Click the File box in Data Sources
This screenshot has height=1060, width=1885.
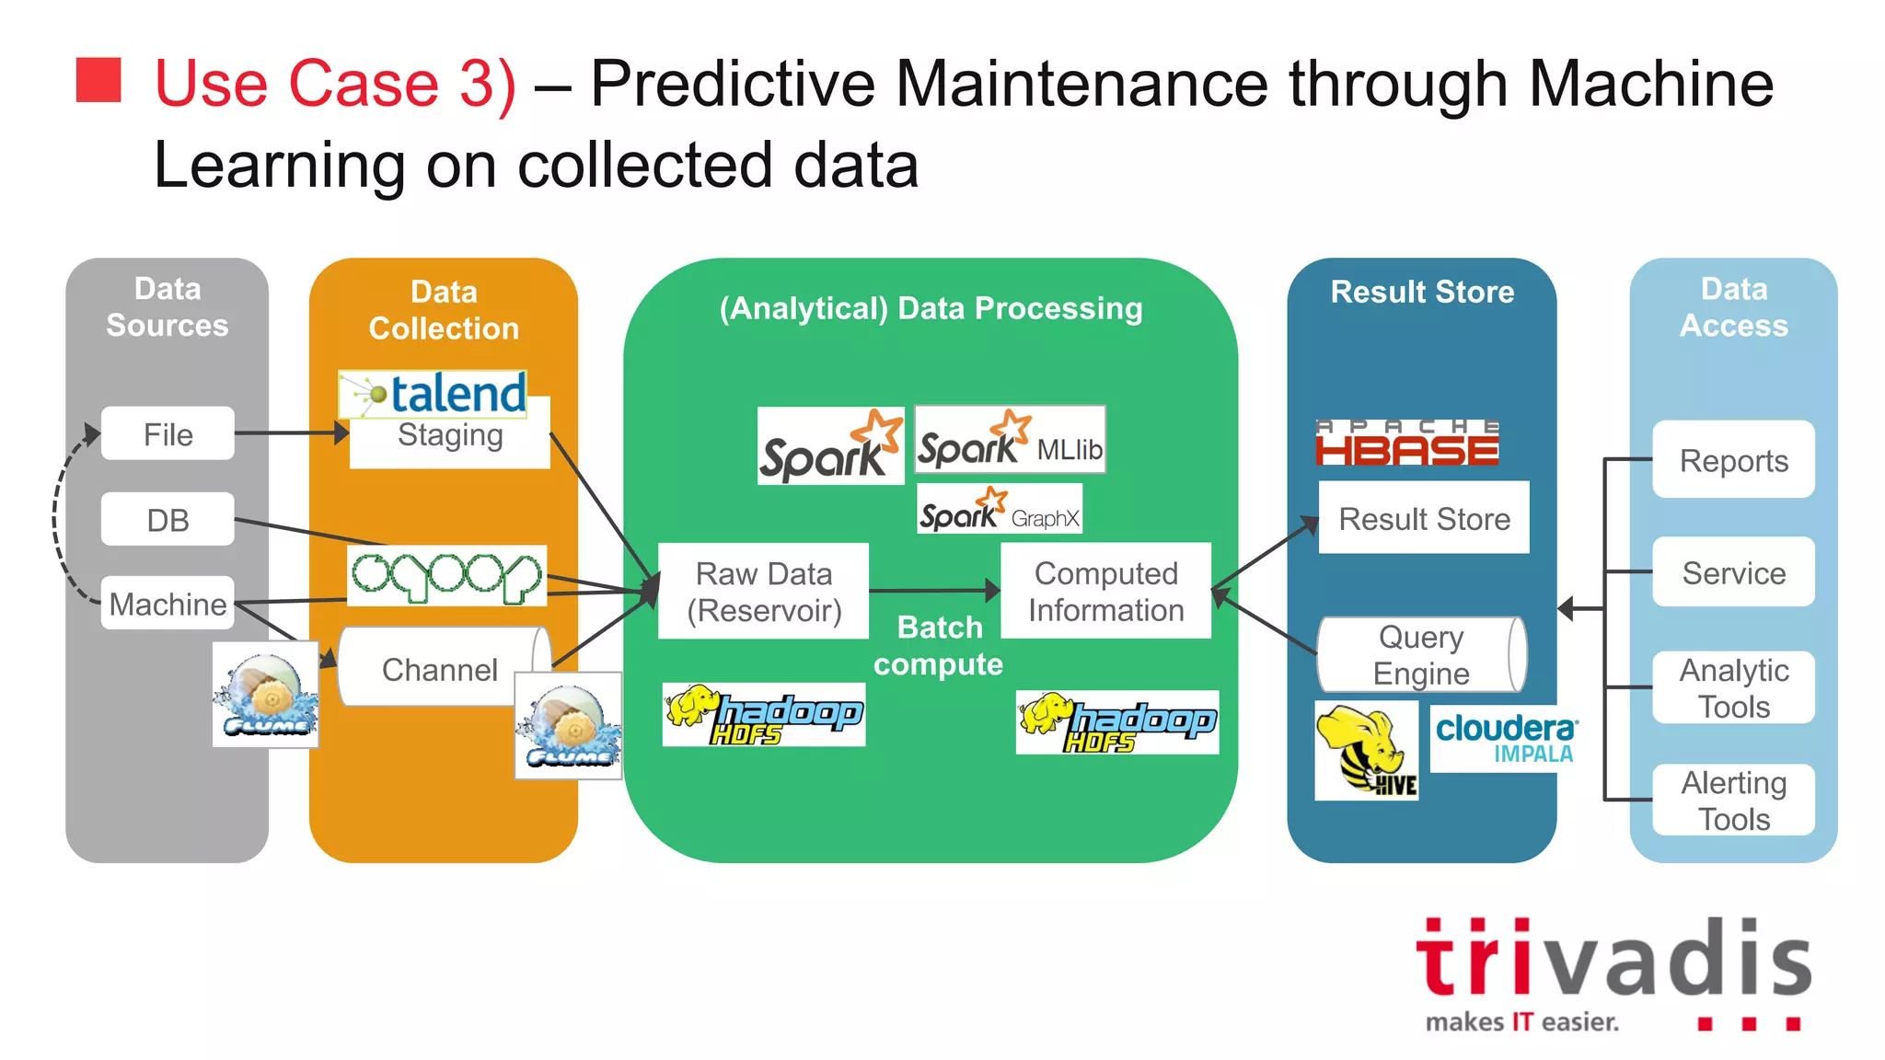coord(168,433)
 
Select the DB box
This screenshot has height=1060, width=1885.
coord(168,520)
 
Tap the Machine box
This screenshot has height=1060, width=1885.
coord(168,604)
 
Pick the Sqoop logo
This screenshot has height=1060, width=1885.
coord(447,575)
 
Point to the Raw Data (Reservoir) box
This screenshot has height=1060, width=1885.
coord(764,591)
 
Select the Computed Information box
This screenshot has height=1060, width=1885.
coord(1105,591)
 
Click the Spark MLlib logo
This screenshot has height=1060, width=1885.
coord(1010,440)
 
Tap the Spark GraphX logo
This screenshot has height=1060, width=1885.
coord(1000,509)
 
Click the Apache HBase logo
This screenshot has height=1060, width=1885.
coord(1407,443)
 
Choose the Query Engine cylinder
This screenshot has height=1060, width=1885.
coord(1421,654)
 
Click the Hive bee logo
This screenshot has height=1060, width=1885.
coord(1366,751)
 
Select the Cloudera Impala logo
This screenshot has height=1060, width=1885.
coord(1506,739)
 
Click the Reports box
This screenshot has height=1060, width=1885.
coord(1733,460)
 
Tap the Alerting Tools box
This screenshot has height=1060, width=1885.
coord(1733,800)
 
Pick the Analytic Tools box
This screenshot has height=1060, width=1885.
coord(1733,687)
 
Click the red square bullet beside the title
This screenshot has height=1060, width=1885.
coord(98,80)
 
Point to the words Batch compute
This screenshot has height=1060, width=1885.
coord(939,646)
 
